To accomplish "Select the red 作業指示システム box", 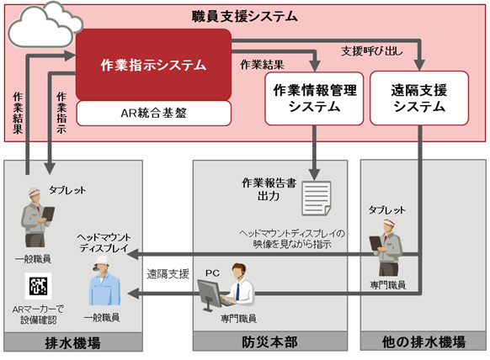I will [x=154, y=63].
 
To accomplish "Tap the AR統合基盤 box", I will [x=153, y=110].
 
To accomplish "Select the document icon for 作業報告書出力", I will [x=318, y=198].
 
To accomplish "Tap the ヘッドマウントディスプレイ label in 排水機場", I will [x=106, y=241].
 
